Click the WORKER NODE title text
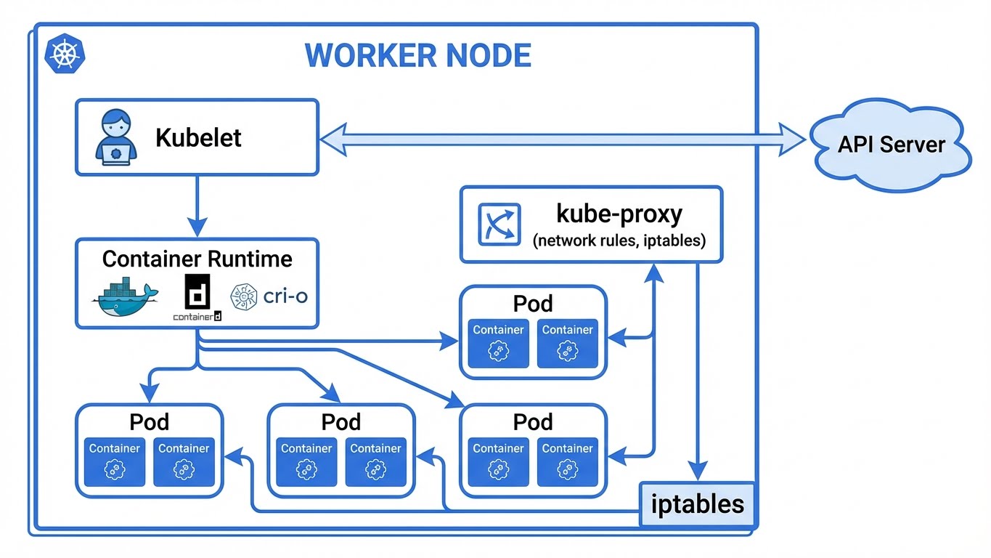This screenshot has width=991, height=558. pos(417,55)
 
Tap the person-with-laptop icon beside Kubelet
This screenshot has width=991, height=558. pos(115,137)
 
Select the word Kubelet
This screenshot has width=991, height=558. pos(198,137)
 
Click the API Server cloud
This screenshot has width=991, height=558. pos(891,144)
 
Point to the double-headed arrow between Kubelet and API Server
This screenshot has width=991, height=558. pos(563,138)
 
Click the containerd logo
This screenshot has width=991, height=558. pos(197,297)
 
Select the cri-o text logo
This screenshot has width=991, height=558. pos(269,296)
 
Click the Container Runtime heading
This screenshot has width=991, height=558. pos(197,259)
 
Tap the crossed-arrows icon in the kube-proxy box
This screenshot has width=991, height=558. pos(499,224)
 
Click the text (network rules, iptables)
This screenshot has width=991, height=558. pos(619,241)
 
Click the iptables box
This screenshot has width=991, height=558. pos(697,504)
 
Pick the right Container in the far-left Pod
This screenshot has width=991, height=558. pos(184,461)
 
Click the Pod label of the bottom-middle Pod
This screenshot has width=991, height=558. pos(341,421)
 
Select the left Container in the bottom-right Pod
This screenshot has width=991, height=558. pos(498,461)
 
